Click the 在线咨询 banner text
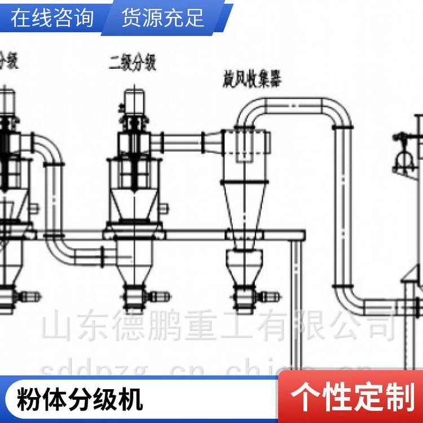pyautogui.click(x=52, y=18)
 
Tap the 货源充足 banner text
pyautogui.click(x=162, y=18)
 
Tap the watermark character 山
pyautogui.click(x=58, y=326)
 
